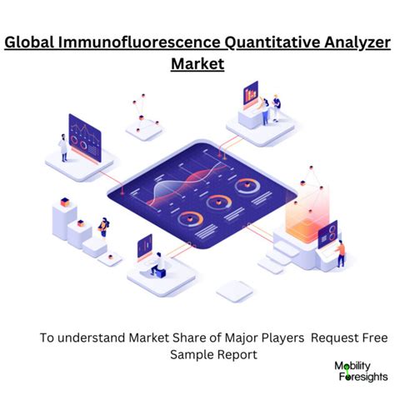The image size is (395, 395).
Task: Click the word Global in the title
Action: tap(35, 42)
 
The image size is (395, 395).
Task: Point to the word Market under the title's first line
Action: tap(197, 63)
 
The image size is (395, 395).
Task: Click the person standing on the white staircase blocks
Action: tap(103, 226)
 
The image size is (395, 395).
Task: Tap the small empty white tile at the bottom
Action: tap(234, 290)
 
